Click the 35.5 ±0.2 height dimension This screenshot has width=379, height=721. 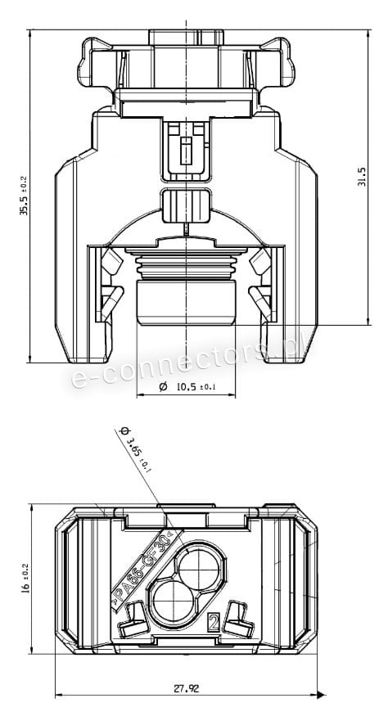click(23, 196)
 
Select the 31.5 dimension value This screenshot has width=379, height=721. click(362, 176)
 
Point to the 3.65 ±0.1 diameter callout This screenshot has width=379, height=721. click(135, 449)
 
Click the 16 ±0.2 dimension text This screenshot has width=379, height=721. click(25, 579)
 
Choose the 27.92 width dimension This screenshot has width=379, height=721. click(187, 688)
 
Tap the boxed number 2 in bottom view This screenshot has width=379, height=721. click(214, 622)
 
